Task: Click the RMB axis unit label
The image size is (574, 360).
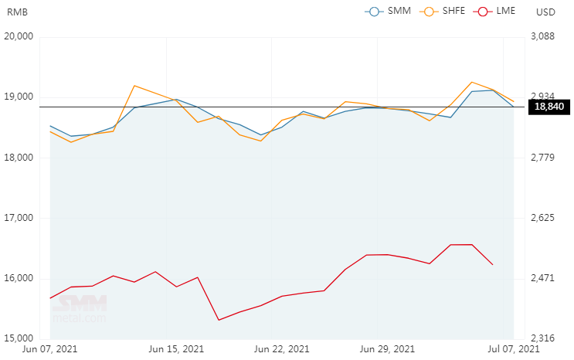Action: point(18,12)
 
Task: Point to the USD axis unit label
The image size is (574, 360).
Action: point(545,12)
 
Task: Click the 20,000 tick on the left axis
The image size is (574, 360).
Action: point(19,36)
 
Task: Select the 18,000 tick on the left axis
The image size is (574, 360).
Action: point(19,158)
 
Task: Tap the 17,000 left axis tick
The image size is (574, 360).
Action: point(19,218)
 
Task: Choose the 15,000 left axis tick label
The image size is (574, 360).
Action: point(19,338)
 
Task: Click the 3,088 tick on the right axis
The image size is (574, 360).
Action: point(545,36)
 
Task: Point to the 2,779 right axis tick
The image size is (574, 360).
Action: point(545,158)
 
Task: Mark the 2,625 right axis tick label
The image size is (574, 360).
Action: point(545,218)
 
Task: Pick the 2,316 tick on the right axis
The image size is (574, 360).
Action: point(545,338)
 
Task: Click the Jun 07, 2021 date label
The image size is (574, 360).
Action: point(50,350)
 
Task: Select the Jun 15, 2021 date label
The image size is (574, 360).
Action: point(175,350)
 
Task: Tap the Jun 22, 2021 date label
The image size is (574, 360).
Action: point(281,350)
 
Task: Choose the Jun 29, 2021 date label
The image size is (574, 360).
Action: point(387,350)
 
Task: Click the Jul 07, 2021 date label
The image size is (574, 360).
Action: point(513,350)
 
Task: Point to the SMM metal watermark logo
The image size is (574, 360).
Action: point(80,309)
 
